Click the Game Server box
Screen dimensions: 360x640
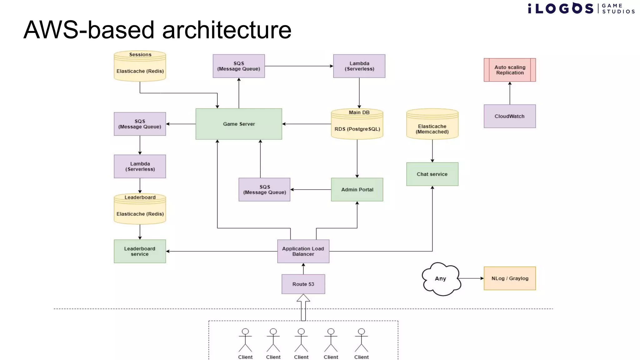click(239, 124)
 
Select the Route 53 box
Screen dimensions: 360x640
click(303, 284)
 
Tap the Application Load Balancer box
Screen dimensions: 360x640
click(303, 251)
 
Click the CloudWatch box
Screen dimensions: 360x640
click(510, 116)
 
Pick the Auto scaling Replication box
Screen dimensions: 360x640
click(510, 70)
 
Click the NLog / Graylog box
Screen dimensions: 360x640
click(510, 278)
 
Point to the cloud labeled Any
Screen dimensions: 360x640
click(441, 279)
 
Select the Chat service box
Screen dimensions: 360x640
click(432, 174)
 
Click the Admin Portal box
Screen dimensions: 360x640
click(357, 190)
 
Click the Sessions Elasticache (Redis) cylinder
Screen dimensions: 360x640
click(140, 67)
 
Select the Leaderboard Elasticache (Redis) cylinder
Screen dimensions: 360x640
click(140, 209)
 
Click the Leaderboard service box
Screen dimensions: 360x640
click(140, 251)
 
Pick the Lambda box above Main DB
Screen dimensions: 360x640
click(359, 66)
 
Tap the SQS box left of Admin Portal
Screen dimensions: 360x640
click(264, 190)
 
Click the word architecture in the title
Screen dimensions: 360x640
click(227, 30)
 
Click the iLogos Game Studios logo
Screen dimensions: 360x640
click(581, 8)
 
